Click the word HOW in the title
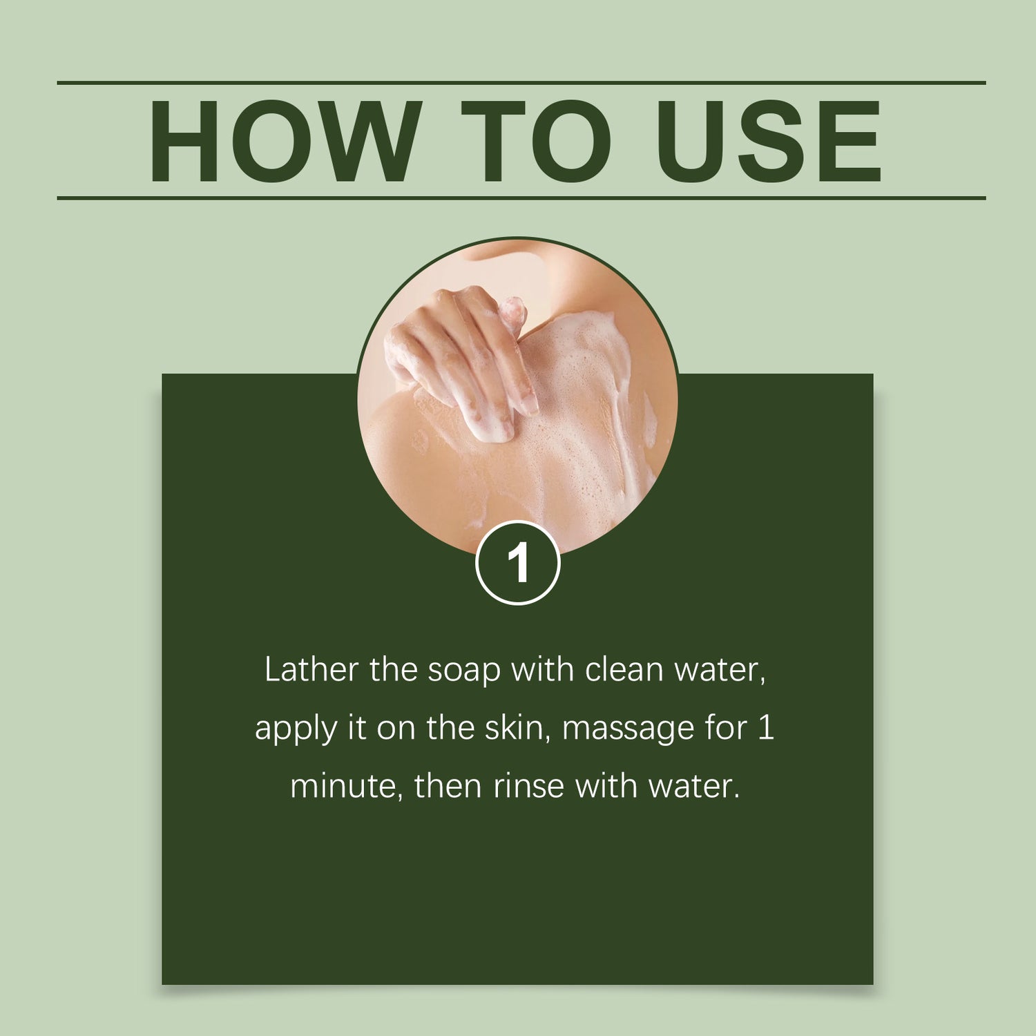(285, 141)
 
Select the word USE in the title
(769, 141)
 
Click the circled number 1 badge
(517, 564)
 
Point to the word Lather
(311, 669)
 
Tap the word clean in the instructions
(624, 669)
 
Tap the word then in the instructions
(447, 786)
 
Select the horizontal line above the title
(521, 83)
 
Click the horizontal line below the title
(521, 198)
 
